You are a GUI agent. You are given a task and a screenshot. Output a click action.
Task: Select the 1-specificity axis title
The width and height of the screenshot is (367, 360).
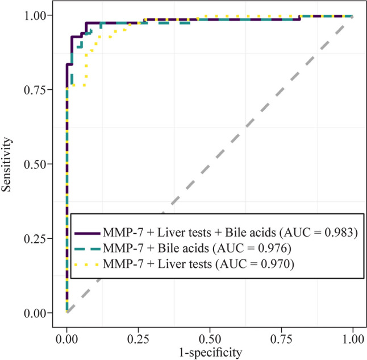(210, 353)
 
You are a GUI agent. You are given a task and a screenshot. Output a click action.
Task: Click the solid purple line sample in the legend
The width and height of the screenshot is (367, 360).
(87, 233)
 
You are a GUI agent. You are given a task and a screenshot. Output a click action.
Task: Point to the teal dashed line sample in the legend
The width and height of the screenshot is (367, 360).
(87, 248)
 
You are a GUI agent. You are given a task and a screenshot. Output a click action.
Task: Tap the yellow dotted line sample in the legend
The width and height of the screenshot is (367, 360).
(87, 263)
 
